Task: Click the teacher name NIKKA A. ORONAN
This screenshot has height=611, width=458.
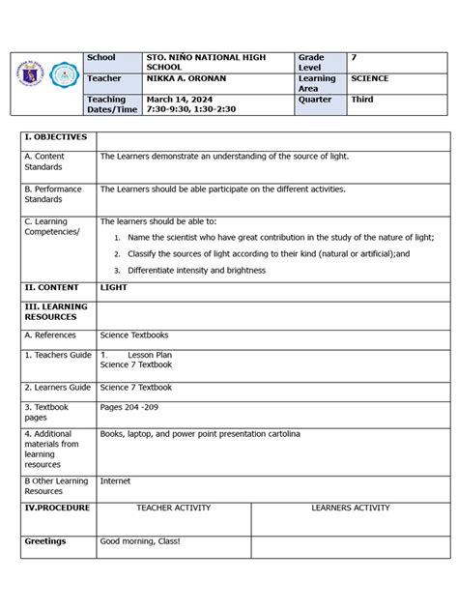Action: (187, 78)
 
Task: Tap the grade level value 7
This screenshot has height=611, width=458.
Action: (354, 58)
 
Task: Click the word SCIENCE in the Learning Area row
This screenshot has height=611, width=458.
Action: (370, 78)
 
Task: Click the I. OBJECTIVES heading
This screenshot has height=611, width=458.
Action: (55, 137)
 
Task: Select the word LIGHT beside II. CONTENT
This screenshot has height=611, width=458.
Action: (113, 287)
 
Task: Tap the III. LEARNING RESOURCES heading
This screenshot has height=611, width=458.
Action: (56, 311)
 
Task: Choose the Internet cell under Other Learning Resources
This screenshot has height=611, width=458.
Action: (115, 480)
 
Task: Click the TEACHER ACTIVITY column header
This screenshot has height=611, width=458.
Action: (173, 508)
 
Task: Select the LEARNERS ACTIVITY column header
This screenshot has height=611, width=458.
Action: (350, 508)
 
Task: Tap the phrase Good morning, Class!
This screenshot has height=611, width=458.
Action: (139, 541)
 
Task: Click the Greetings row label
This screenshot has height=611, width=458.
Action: (45, 541)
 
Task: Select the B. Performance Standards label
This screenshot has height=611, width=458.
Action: (53, 194)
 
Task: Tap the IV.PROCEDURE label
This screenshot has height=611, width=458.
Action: (57, 508)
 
